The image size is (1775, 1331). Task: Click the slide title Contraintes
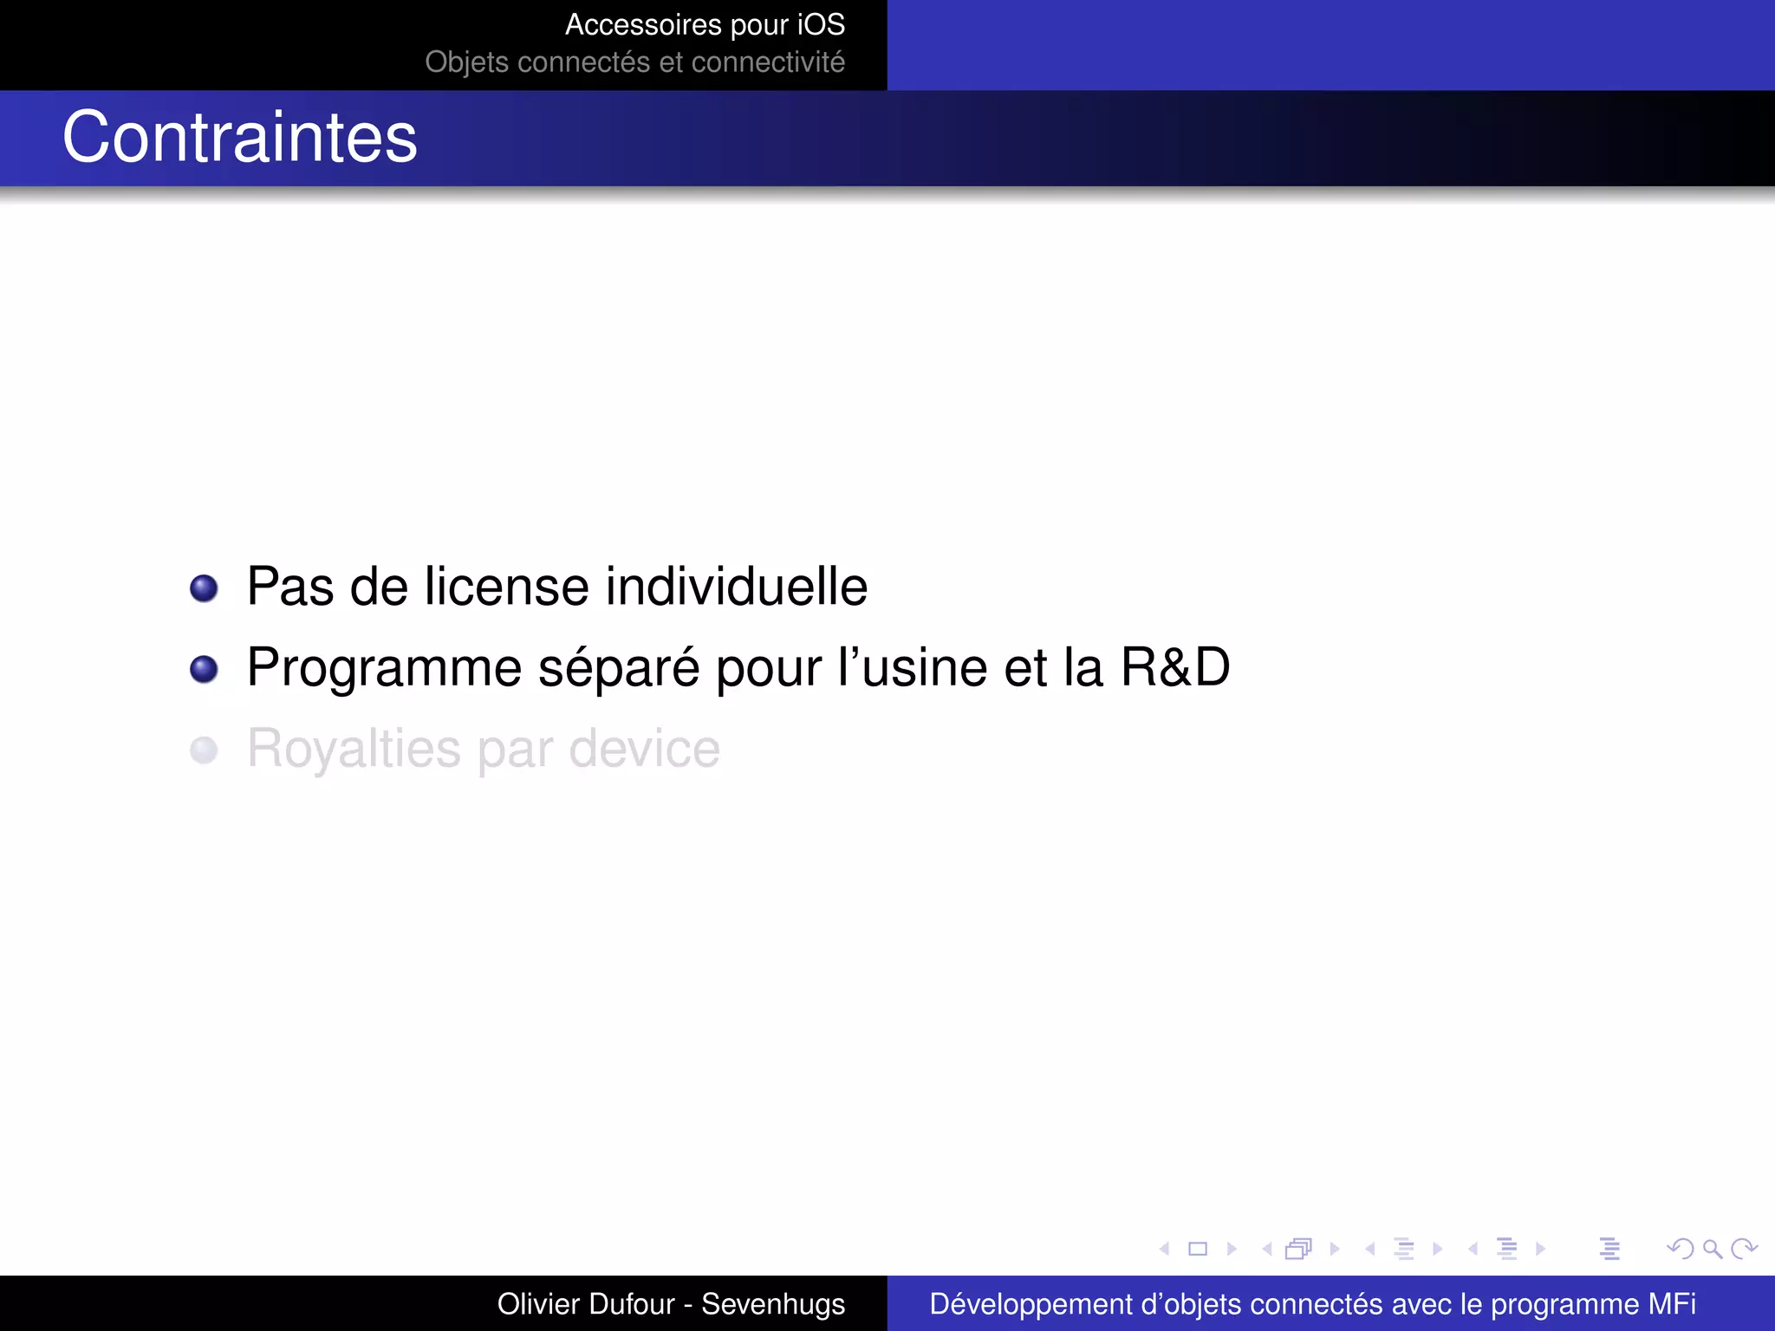point(240,138)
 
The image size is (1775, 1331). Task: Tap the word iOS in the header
point(821,25)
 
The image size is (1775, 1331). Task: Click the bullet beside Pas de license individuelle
point(204,588)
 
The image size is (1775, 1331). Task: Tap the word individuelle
point(736,587)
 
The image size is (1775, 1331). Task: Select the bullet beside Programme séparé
point(204,669)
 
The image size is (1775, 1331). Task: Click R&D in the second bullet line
point(1175,667)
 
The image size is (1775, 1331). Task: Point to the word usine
point(925,668)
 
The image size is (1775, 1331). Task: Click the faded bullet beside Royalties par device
point(204,750)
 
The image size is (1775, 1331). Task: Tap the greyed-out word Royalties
point(354,750)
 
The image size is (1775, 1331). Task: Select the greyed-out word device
point(644,749)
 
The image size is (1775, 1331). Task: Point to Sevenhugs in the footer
point(773,1304)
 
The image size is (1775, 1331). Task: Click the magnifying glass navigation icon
point(1712,1249)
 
